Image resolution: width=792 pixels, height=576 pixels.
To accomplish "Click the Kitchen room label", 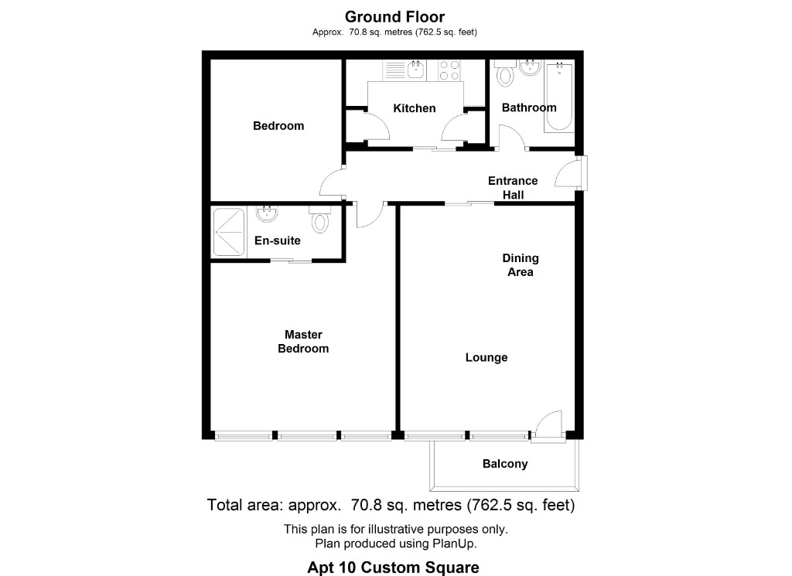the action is point(415,108).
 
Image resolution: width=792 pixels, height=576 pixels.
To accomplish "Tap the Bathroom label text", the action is point(529,107).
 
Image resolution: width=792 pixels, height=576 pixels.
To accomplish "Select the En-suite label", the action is point(278,240).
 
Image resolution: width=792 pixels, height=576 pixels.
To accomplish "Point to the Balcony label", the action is point(505,464).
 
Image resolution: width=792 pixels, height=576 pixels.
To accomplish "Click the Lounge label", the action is point(486,357).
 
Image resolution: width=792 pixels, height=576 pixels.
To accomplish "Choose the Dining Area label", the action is point(521,265).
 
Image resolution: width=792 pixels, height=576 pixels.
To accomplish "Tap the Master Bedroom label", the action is point(303,342).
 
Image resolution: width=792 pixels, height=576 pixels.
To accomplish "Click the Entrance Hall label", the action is point(513,188).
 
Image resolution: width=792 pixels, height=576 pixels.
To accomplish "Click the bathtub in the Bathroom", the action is point(558,97).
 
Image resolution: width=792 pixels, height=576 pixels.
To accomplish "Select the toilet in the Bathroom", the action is point(504,73).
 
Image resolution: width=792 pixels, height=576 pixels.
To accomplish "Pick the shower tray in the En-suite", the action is point(229,232).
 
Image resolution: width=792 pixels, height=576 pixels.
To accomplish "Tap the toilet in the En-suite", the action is point(319,219).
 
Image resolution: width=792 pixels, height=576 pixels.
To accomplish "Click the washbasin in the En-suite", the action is point(267,213).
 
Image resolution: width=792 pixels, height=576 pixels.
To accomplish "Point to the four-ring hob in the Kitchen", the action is point(449,70).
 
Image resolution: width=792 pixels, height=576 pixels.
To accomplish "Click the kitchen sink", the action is point(415,70).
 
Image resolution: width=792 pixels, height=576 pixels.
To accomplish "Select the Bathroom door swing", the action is point(512,136).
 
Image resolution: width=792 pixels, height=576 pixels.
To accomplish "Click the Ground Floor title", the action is point(394,17).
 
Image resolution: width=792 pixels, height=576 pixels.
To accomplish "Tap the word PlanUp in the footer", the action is point(453,544).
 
